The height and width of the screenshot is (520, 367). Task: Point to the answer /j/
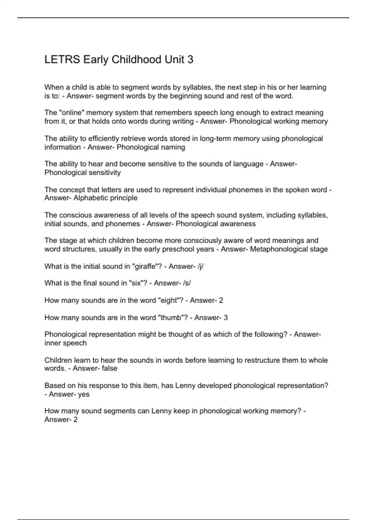[x=201, y=266]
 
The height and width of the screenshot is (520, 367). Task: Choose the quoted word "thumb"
[x=172, y=318]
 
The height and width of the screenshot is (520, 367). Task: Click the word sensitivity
[x=105, y=173]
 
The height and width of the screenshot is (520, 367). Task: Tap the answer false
[x=109, y=368]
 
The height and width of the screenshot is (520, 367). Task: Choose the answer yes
[x=83, y=394]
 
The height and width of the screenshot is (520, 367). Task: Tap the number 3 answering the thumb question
[x=226, y=318]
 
